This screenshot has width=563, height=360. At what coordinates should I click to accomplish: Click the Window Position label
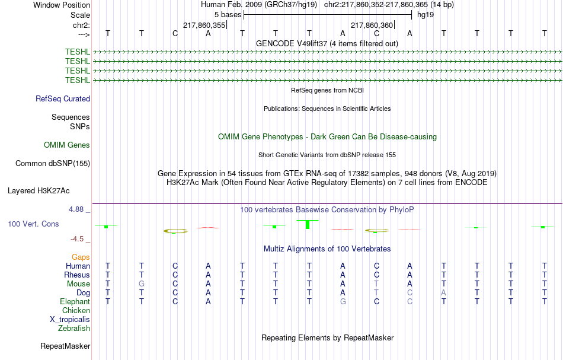62,5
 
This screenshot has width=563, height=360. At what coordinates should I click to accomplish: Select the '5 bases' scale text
228,15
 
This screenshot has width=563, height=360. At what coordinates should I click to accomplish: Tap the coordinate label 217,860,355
204,25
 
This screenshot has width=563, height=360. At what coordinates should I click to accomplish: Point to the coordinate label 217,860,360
372,25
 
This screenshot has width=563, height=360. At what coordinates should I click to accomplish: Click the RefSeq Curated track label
63,99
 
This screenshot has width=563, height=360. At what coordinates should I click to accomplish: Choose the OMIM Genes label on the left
67,145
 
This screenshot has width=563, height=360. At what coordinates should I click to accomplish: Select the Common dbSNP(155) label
53,164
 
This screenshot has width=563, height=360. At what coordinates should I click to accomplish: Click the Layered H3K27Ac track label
39,191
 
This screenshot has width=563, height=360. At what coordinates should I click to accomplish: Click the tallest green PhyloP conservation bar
308,224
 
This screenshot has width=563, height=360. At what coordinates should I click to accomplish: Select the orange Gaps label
81,257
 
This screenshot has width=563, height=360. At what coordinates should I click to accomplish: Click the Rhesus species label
77,275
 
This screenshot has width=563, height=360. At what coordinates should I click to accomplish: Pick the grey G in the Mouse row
142,284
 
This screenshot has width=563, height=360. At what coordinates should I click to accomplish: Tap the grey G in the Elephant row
343,302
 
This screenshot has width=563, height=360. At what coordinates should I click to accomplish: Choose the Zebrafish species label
74,329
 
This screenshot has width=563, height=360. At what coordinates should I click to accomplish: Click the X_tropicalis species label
70,320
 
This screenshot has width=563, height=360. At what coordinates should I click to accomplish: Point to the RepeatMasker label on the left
65,346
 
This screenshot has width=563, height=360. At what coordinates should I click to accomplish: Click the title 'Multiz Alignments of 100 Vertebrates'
327,249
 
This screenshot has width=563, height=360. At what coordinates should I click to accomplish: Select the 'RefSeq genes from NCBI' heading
327,91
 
